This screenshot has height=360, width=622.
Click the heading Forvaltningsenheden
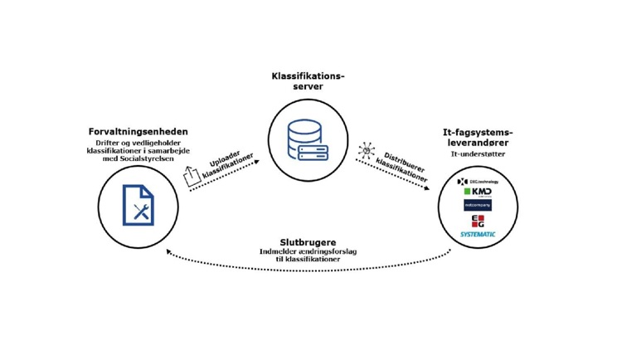[138, 131]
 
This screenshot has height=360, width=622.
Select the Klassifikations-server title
[308, 81]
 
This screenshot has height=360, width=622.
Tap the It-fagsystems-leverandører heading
[478, 138]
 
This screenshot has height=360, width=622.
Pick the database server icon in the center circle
[308, 141]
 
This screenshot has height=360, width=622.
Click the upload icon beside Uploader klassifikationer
[192, 175]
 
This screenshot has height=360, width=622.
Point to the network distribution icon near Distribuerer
[365, 150]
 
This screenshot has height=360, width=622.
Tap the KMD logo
[479, 192]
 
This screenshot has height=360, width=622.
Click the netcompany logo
[478, 205]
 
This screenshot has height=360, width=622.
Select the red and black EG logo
[478, 221]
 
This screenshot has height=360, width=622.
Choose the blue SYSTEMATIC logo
[479, 235]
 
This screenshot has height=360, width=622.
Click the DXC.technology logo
[479, 181]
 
